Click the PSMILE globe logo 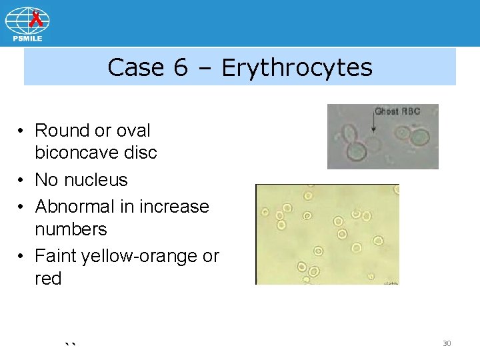point(27,21)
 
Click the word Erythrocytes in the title point(297,67)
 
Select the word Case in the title point(134,67)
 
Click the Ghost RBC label point(397,111)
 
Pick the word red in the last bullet point(48,279)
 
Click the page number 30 point(447,343)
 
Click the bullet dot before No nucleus point(22,180)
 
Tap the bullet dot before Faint point(22,256)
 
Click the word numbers point(71,229)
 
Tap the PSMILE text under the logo point(27,38)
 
